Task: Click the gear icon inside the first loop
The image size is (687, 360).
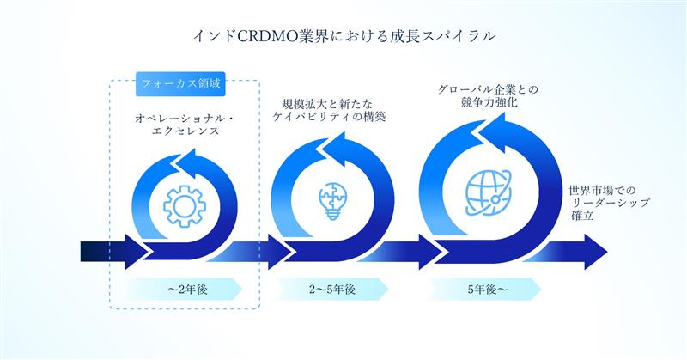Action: (x=185, y=206)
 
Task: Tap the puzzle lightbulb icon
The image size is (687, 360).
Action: (x=332, y=201)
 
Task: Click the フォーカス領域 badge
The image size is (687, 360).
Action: (x=180, y=83)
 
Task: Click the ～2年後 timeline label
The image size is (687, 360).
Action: (x=187, y=290)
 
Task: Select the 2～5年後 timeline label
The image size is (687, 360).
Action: (x=332, y=290)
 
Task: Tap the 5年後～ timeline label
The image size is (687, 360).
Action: (x=487, y=290)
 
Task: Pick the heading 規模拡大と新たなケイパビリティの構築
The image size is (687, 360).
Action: (x=329, y=111)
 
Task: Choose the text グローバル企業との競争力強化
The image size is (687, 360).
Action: (x=488, y=96)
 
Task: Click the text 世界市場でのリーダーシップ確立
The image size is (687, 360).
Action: (x=609, y=203)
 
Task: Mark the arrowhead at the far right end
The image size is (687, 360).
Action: (x=595, y=252)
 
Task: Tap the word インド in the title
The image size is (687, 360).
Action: (x=215, y=36)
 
